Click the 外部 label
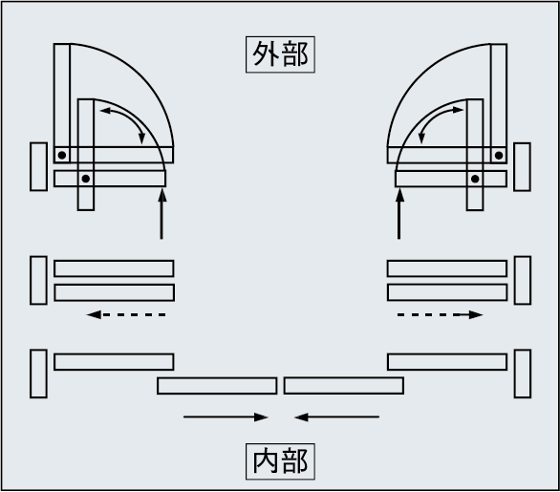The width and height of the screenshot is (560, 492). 280,54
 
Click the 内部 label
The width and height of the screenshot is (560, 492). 280,461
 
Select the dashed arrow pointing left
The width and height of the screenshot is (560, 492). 126,314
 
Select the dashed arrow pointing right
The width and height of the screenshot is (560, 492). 441,314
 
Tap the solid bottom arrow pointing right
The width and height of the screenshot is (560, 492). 226,417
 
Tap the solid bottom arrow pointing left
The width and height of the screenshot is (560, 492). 336,417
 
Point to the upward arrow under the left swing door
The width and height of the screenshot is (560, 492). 162,213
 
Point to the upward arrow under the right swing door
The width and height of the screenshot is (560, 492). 399,213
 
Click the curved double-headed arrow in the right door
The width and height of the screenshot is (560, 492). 433,118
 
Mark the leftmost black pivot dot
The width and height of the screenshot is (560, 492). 62,156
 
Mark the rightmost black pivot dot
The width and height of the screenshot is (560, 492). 499,156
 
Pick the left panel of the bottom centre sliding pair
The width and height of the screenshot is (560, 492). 217,386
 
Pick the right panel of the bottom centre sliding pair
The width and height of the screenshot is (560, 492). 344,386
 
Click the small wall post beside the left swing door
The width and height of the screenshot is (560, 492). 38,167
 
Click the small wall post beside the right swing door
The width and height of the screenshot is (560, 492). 522,167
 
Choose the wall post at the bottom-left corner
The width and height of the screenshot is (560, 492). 38,374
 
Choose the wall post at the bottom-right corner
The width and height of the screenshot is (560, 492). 523,374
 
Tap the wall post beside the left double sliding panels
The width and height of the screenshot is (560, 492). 38,280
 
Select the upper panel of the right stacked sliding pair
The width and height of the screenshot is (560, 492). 447,268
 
